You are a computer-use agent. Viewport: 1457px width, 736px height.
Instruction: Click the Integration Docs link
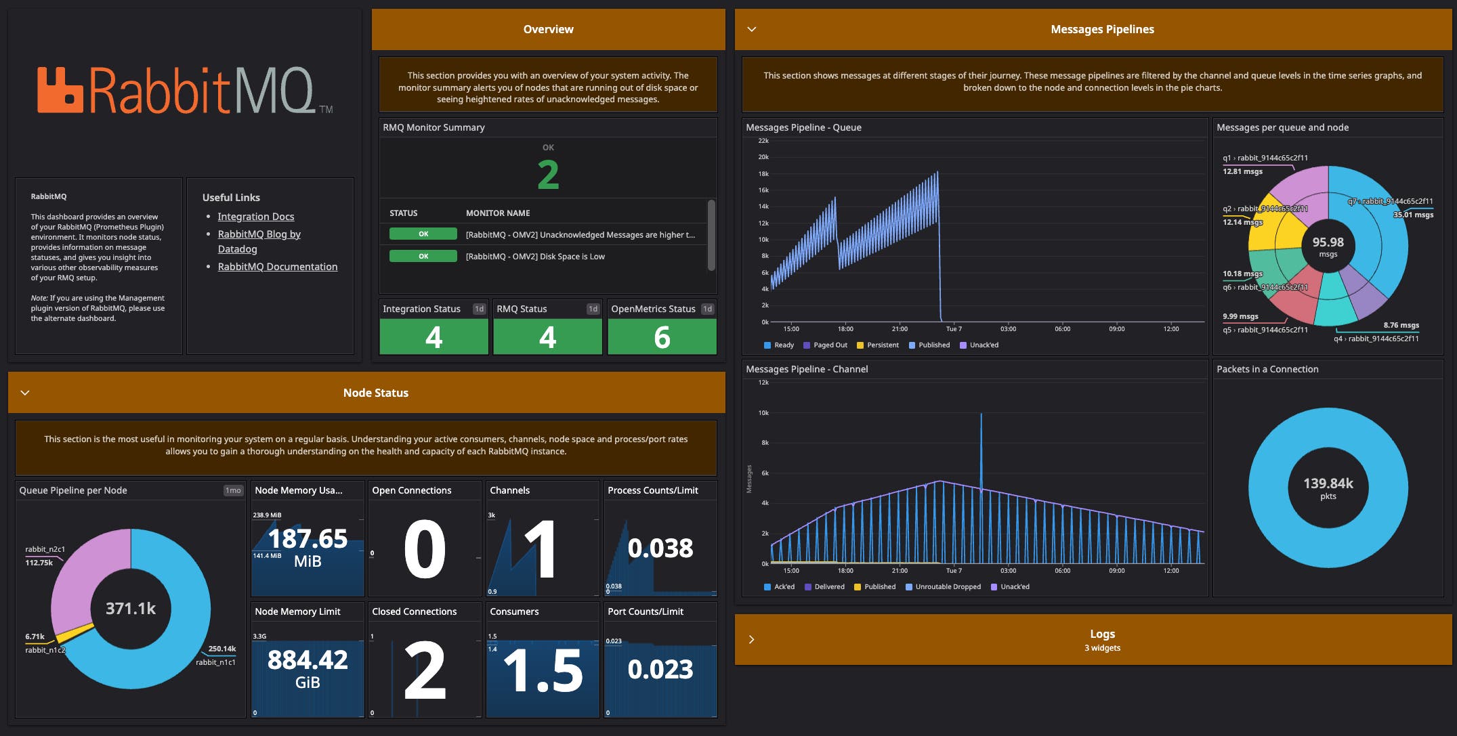[x=255, y=217]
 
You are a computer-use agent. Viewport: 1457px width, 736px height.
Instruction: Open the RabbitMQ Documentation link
[x=277, y=267]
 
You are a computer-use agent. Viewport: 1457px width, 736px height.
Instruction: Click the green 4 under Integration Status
[x=434, y=337]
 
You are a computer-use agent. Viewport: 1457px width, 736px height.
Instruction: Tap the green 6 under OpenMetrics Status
[x=662, y=337]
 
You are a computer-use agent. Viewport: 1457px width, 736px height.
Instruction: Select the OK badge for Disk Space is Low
[x=423, y=257]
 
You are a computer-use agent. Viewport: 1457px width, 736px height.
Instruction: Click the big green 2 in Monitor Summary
[x=548, y=175]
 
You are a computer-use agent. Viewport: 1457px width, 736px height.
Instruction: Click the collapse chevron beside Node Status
[x=25, y=393]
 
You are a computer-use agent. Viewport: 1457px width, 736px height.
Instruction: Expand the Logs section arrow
[x=751, y=639]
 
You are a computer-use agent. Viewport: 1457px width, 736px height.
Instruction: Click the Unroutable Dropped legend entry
[x=947, y=587]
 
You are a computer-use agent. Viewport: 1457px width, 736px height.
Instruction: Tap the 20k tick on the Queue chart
[x=763, y=157]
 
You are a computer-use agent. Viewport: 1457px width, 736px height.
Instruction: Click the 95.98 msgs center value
[x=1328, y=246]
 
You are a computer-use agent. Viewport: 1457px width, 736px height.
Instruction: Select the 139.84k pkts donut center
[x=1328, y=488]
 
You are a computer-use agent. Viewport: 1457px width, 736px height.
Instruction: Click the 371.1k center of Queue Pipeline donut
[x=131, y=609]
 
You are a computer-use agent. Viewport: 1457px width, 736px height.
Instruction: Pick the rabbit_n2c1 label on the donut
[x=45, y=549]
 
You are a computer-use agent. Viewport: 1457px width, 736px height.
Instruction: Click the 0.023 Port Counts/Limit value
[x=660, y=670]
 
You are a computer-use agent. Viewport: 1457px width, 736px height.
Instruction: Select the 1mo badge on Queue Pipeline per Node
[x=233, y=490]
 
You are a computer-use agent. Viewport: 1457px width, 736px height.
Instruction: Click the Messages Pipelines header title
[x=1102, y=29]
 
